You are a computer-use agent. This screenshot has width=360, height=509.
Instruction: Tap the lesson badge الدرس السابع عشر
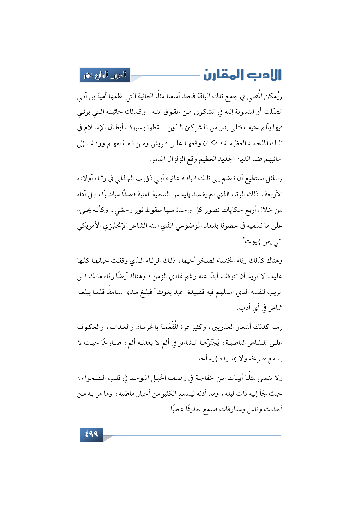(105, 75)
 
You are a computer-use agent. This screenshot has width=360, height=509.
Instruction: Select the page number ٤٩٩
(91, 434)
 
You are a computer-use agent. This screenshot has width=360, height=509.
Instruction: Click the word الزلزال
(176, 159)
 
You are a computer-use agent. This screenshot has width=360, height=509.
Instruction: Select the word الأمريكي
(89, 225)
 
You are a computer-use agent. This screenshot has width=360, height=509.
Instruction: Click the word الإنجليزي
(114, 225)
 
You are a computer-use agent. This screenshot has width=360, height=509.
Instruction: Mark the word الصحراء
(93, 378)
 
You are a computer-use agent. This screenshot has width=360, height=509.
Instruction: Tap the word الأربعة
(272, 194)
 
